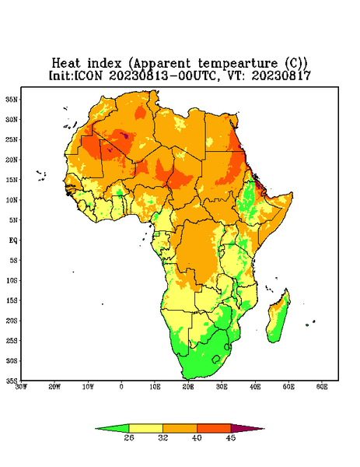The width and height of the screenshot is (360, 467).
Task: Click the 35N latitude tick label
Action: click(12, 99)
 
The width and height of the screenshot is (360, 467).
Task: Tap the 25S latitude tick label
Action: click(12, 340)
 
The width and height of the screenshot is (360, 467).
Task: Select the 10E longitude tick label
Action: click(155, 387)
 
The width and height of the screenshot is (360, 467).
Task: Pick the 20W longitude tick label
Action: click(54, 387)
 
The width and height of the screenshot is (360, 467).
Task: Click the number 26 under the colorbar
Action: click(129, 437)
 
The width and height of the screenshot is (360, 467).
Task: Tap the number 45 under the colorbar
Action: click(231, 437)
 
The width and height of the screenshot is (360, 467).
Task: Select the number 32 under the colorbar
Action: click(163, 437)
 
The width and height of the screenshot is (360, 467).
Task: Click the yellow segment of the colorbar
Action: click(145, 428)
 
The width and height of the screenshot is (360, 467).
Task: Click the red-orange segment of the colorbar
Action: click(214, 428)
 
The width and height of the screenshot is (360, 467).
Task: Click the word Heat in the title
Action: click(66, 64)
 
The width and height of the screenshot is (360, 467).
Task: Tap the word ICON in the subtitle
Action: click(88, 75)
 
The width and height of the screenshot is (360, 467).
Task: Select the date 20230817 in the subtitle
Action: click(281, 75)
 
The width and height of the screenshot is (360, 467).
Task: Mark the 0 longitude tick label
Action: click(121, 387)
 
